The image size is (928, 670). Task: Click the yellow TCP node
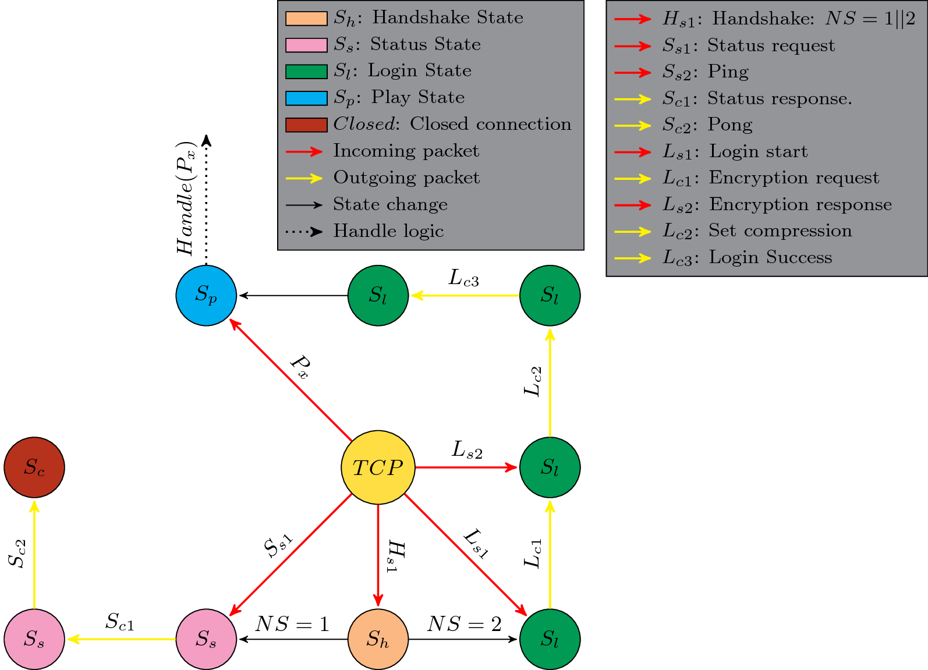pyautogui.click(x=378, y=467)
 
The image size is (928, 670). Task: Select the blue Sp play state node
pyautogui.click(x=206, y=295)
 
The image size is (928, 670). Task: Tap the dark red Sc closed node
pyautogui.click(x=34, y=467)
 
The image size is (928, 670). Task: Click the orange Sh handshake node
pyautogui.click(x=378, y=639)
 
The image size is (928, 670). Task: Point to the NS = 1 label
pyautogui.click(x=292, y=624)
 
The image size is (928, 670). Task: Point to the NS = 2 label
pyautogui.click(x=464, y=624)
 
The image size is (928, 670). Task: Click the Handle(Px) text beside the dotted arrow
pyautogui.click(x=186, y=198)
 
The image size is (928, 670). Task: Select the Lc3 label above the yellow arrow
pyautogui.click(x=463, y=278)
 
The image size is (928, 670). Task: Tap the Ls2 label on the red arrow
pyautogui.click(x=467, y=450)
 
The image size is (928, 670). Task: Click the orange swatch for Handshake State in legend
pyautogui.click(x=306, y=19)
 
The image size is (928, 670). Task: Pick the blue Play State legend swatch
pyautogui.click(x=306, y=98)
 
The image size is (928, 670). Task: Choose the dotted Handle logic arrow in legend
pyautogui.click(x=304, y=232)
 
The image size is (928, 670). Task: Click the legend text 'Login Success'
pyautogui.click(x=770, y=257)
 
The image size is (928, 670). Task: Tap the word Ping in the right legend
pyautogui.click(x=728, y=72)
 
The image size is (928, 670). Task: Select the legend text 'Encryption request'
pyautogui.click(x=794, y=178)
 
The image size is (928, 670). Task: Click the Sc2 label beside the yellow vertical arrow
pyautogui.click(x=17, y=553)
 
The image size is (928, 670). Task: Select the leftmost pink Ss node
pyautogui.click(x=34, y=639)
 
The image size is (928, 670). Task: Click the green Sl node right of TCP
pyautogui.click(x=550, y=467)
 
